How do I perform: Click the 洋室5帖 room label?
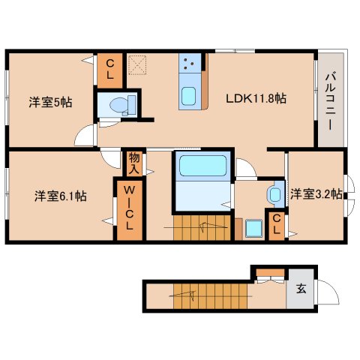click(x=50, y=102)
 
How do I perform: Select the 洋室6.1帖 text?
click(x=60, y=196)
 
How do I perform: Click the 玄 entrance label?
click(x=300, y=288)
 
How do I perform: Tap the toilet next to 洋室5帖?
click(x=118, y=104)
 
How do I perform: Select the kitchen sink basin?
click(x=189, y=97)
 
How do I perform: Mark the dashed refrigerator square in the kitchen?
click(x=137, y=64)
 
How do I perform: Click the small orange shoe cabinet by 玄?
click(x=268, y=271)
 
